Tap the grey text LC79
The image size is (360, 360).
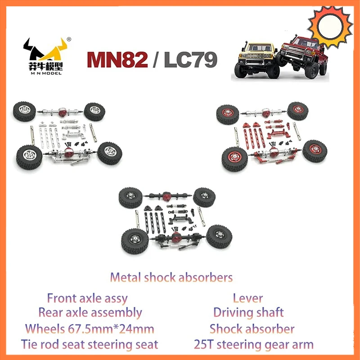coord(190,59)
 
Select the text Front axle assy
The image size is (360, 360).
coord(87,298)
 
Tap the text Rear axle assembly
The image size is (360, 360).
coord(90,313)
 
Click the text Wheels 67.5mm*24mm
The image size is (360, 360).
coord(90,328)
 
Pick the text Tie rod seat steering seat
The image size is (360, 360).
coord(90,344)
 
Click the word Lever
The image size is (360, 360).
coord(248,298)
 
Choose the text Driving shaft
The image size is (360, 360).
coord(248,313)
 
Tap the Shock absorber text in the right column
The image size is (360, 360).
coord(252,328)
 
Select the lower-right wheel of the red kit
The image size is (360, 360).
coord(315,152)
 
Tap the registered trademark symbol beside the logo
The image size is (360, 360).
coord(68,39)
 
